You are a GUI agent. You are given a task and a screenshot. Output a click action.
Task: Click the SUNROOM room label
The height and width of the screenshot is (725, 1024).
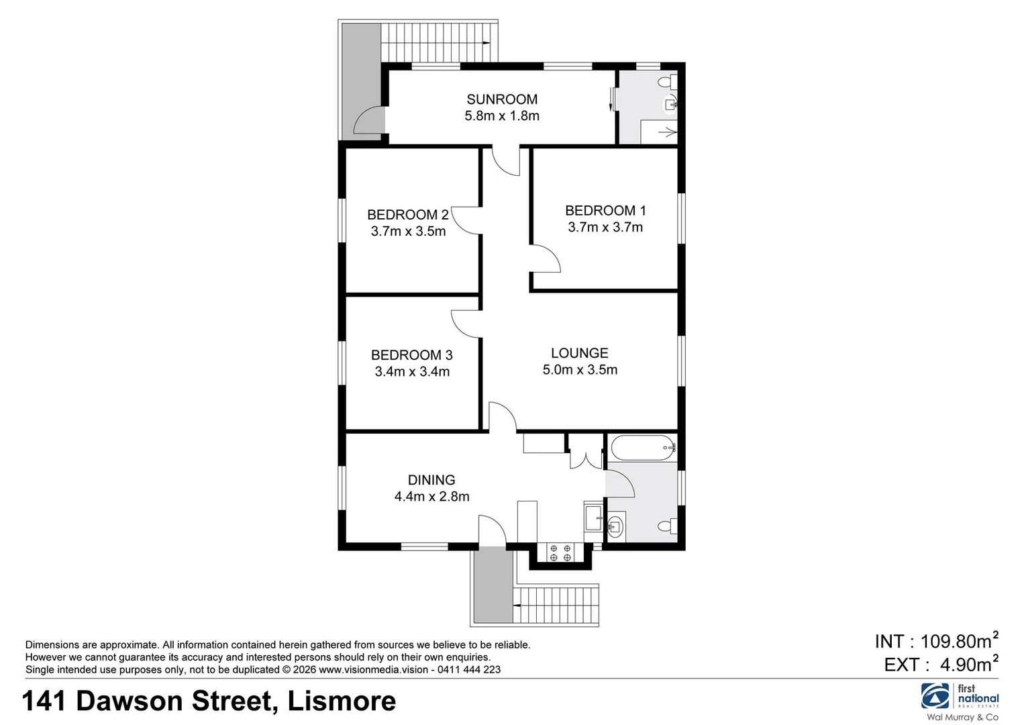pyautogui.click(x=502, y=99)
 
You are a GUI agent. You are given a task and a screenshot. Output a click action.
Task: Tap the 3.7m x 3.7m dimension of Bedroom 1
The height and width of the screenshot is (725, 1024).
pyautogui.click(x=605, y=228)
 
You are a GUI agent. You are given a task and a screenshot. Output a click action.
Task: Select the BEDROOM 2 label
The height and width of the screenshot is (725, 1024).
pyautogui.click(x=407, y=215)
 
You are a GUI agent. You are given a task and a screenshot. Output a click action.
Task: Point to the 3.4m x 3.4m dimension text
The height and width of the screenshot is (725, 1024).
pyautogui.click(x=412, y=371)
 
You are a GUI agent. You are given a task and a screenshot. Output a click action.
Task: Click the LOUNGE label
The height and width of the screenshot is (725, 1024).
pyautogui.click(x=579, y=353)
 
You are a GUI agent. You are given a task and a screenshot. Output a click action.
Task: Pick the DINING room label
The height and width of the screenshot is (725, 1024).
pyautogui.click(x=431, y=480)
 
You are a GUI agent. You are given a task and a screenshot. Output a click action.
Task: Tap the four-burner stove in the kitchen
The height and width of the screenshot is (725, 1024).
pyautogui.click(x=560, y=552)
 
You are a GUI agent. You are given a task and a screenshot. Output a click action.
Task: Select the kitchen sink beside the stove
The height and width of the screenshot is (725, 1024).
pyautogui.click(x=594, y=518)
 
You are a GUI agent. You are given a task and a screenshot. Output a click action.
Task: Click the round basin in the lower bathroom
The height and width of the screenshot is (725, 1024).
pyautogui.click(x=615, y=527)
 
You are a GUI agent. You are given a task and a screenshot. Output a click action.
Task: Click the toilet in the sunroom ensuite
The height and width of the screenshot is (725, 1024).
pyautogui.click(x=667, y=83)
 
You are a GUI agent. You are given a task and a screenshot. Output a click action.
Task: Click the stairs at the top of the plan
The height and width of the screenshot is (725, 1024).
pyautogui.click(x=436, y=42)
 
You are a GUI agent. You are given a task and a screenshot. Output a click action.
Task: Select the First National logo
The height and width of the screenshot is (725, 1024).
pyautogui.click(x=960, y=697)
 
